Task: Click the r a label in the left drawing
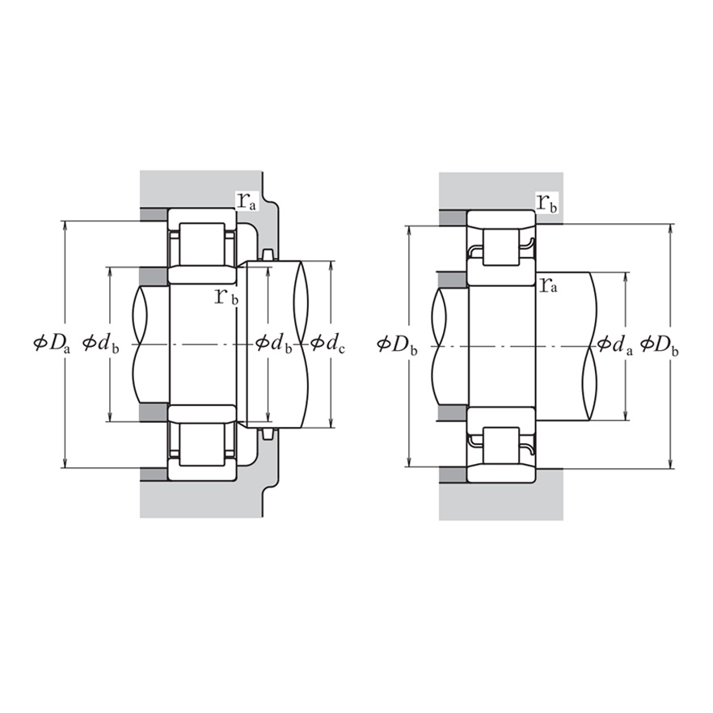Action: click(x=247, y=201)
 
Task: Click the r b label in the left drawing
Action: click(x=226, y=296)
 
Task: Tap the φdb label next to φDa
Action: click(x=101, y=344)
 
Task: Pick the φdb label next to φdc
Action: click(x=273, y=344)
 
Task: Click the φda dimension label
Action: click(x=615, y=345)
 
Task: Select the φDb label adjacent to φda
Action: click(x=659, y=345)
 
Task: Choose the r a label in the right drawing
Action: click(x=549, y=283)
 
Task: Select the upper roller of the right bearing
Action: click(x=501, y=246)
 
